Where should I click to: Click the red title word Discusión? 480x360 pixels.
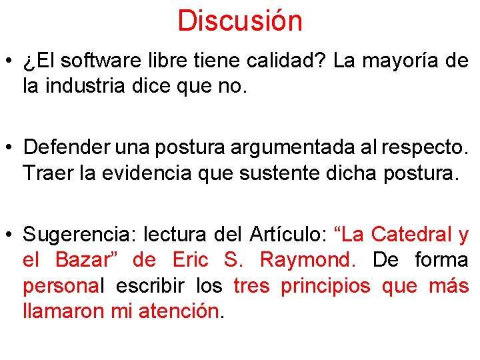click(x=240, y=21)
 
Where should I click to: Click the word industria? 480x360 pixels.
click(x=83, y=86)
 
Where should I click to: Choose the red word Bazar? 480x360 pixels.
click(x=83, y=259)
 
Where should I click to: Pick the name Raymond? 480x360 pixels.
click(x=305, y=260)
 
